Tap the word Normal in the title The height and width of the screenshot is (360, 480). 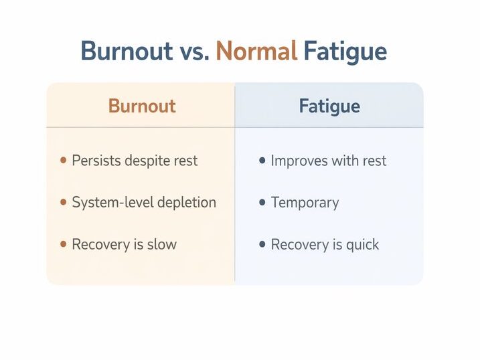pos(256,52)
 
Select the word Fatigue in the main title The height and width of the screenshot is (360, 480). pos(345,52)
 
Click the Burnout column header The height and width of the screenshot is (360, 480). pos(142,106)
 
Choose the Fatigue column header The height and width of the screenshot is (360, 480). pos(329,106)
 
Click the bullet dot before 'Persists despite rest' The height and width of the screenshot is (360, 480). pos(63,161)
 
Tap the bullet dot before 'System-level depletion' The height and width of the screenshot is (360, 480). pos(63,202)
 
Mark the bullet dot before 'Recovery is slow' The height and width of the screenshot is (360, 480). pos(63,244)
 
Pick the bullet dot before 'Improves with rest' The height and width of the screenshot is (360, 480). pos(262,161)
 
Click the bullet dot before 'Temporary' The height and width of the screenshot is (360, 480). pos(262,202)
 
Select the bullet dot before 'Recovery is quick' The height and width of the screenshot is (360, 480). pos(262,244)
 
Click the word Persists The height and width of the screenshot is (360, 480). pos(94,161)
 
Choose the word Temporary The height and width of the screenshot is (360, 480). pos(305,203)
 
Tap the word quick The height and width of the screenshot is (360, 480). pos(362,245)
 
